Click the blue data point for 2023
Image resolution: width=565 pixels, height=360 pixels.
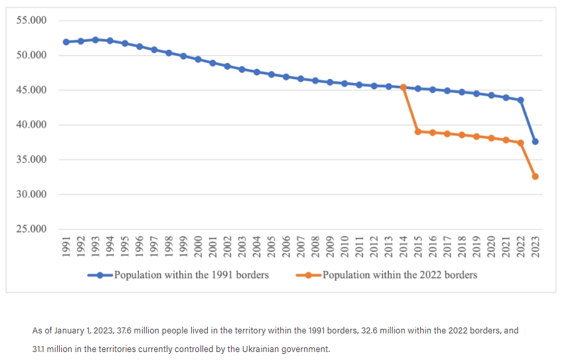(x=535, y=141)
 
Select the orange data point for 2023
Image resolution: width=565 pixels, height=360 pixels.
(x=535, y=176)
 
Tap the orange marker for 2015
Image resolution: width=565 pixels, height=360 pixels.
(x=418, y=132)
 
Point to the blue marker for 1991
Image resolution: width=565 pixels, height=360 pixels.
(x=66, y=42)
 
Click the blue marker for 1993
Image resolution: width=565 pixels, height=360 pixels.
(x=96, y=40)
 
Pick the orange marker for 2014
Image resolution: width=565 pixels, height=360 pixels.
(x=404, y=87)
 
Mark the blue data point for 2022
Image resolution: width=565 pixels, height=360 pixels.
(x=521, y=100)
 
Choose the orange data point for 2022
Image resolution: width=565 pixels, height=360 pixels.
(x=521, y=143)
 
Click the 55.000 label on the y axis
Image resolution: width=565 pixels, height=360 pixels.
(x=31, y=21)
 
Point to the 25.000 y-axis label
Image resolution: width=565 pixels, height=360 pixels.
(x=31, y=230)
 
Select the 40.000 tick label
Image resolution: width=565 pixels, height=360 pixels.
(x=31, y=125)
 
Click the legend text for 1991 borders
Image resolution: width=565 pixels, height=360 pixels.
(x=191, y=274)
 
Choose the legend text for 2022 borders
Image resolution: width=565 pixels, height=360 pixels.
(x=400, y=274)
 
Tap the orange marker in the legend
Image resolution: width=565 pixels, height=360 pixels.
(x=309, y=274)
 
